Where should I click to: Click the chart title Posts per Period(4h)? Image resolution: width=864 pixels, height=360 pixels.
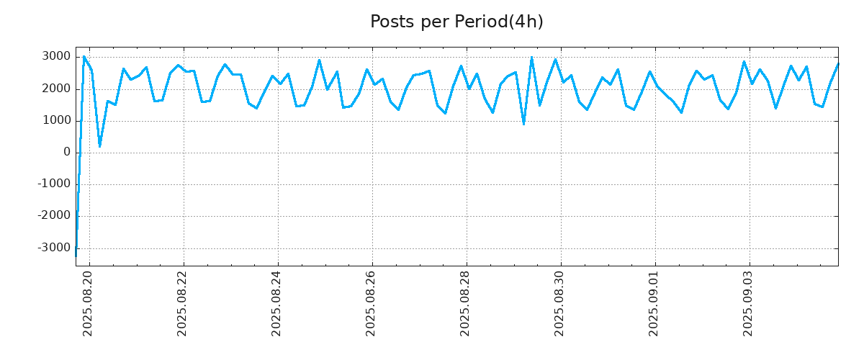456,22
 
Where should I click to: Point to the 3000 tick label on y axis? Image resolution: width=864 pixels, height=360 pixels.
55,57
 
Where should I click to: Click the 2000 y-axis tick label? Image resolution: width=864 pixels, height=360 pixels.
55,89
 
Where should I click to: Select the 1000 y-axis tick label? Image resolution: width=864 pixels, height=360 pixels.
55,120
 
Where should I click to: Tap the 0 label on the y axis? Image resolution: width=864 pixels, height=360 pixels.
67,152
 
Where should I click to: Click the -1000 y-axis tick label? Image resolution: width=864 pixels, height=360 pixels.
53,184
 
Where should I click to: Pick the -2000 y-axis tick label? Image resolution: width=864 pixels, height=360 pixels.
53,215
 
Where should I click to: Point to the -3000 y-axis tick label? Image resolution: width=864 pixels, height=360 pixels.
53,248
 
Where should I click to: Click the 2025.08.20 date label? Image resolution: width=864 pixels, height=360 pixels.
89,303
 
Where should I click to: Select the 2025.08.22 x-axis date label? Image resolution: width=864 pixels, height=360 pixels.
183,303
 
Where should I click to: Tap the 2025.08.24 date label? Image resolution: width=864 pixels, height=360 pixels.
277,303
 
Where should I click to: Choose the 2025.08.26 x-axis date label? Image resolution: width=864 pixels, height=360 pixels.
372,303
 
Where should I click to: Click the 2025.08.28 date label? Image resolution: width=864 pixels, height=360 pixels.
466,303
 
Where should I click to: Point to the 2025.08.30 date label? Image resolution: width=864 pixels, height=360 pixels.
560,303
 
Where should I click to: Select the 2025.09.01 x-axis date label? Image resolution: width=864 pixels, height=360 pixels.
654,303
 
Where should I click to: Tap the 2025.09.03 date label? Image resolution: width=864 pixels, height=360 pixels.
749,303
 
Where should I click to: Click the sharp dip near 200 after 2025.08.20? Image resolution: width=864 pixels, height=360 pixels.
99,146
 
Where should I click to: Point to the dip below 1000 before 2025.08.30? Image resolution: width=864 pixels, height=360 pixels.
523,125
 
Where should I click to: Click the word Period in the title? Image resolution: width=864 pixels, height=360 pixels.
480,22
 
